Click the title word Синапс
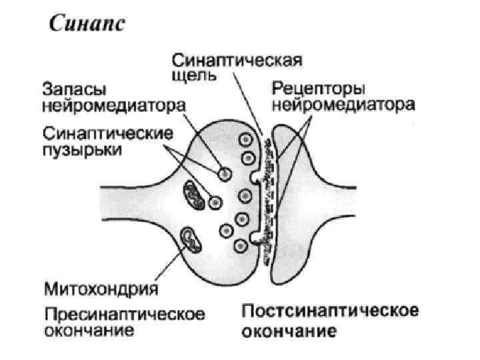(85, 26)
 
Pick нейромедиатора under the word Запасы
(114, 105)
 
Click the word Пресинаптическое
(125, 313)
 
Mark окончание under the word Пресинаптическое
(89, 329)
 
